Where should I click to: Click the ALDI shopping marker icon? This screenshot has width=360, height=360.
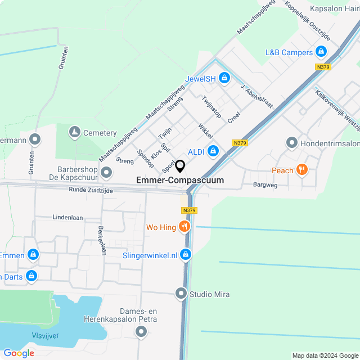(x=213, y=151)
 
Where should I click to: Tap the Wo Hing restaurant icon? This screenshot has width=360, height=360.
(x=184, y=227)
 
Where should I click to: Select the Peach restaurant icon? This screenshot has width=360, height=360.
(x=302, y=169)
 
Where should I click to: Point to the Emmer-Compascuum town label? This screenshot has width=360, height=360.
(x=180, y=181)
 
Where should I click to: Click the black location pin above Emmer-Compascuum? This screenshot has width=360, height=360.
(x=180, y=166)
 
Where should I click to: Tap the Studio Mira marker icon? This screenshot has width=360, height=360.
(x=181, y=294)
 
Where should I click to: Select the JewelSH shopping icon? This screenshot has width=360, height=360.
(x=224, y=78)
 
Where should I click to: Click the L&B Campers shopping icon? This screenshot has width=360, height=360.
(x=321, y=52)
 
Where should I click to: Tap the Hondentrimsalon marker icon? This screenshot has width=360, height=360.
(x=291, y=143)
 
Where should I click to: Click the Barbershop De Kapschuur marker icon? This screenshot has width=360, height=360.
(x=106, y=170)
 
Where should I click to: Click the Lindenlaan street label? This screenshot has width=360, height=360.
(x=67, y=217)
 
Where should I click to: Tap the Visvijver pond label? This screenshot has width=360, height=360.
(x=44, y=335)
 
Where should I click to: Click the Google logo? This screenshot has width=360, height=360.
(x=19, y=353)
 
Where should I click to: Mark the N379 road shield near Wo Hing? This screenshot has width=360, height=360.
(x=190, y=210)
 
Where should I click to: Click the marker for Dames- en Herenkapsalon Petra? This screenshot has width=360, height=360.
(x=141, y=332)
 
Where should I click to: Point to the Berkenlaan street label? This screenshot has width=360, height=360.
(x=102, y=240)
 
